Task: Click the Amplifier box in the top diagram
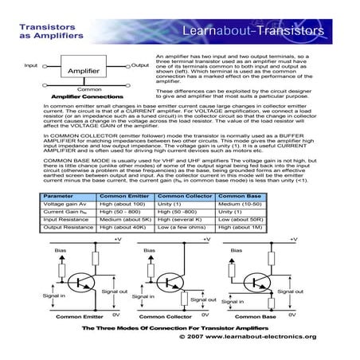coord(84,71)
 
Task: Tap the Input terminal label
coord(31,65)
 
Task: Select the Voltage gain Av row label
coord(63,204)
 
